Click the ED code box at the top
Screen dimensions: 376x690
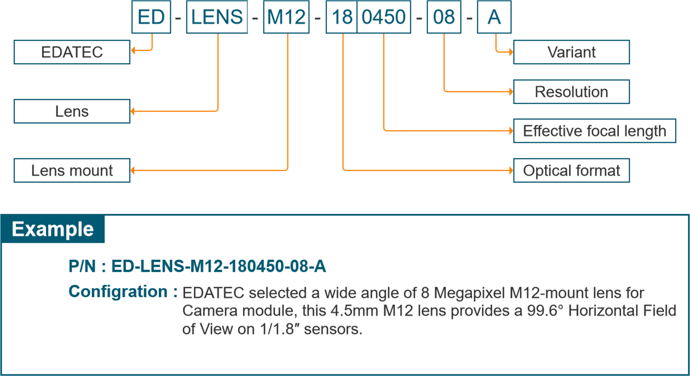(151, 17)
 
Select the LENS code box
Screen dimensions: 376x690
(217, 17)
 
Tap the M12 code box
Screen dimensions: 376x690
(286, 17)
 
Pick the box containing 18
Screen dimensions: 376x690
(342, 17)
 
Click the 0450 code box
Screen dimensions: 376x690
(384, 17)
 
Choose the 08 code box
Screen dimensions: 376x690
(444, 17)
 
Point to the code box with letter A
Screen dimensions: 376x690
(494, 17)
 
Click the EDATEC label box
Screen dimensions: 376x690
(72, 52)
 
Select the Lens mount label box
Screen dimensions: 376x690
(72, 170)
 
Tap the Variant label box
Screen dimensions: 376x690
(571, 52)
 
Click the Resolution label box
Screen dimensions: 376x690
(571, 92)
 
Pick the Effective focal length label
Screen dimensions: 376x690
(594, 131)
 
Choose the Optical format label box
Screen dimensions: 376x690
(571, 170)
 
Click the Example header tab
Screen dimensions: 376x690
(53, 229)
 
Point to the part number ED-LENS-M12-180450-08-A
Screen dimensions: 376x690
(218, 266)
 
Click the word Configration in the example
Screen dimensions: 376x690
(118, 292)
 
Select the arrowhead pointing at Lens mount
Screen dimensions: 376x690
(133, 170)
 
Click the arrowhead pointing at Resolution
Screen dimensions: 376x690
(511, 92)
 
